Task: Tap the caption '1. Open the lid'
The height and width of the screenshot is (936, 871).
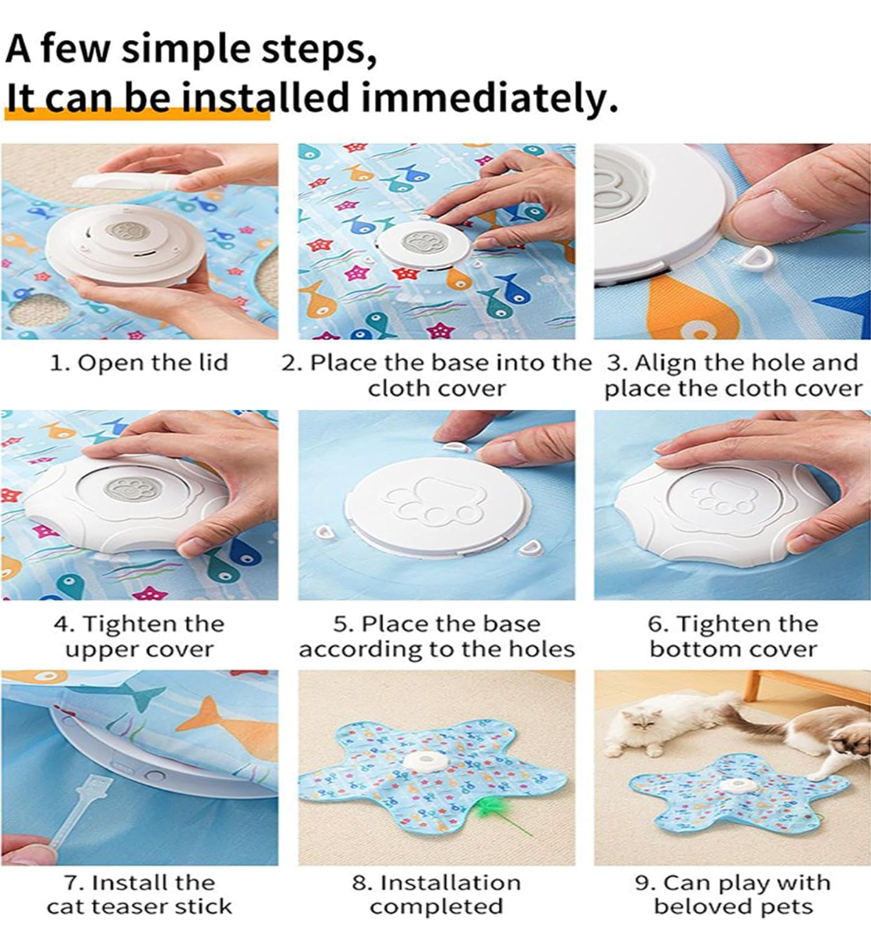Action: [139, 362]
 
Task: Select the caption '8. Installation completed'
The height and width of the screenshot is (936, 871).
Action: [436, 894]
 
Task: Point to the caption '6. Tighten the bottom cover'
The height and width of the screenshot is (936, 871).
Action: [733, 636]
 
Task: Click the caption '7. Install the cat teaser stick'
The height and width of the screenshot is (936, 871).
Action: [139, 894]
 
